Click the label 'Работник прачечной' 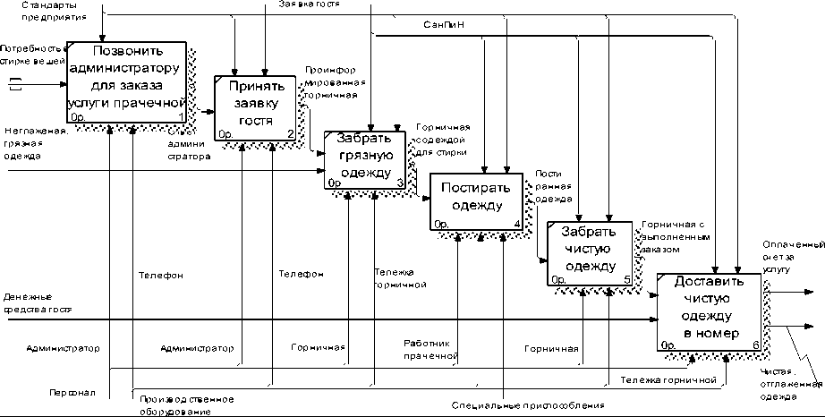pyautogui.click(x=430, y=349)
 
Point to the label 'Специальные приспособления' pyautogui.click(x=528, y=405)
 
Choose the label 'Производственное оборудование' pyautogui.click(x=185, y=405)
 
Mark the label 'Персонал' pyautogui.click(x=67, y=392)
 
